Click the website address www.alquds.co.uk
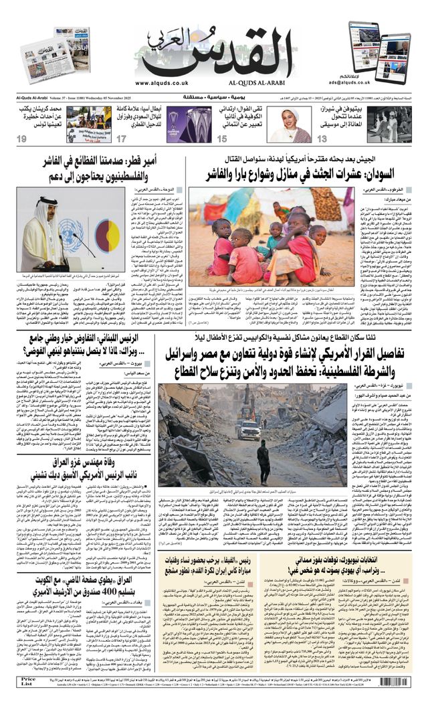pos(162,83)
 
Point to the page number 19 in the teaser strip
pos(22,139)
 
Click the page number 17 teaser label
pos(121,139)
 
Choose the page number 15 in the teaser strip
pos(221,139)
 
